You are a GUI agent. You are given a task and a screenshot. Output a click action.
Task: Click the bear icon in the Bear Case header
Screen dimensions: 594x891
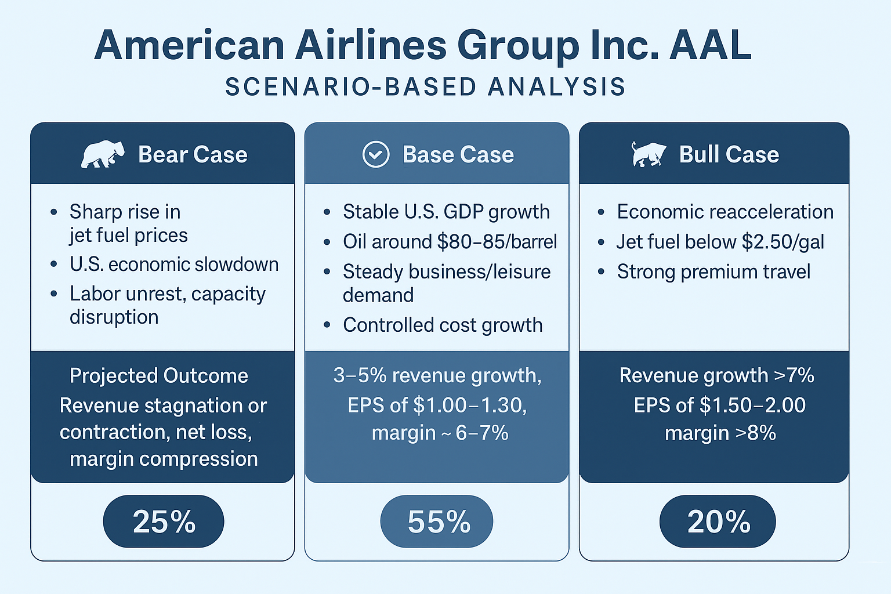pyautogui.click(x=103, y=154)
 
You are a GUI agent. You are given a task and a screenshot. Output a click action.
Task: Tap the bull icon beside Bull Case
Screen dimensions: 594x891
pyautogui.click(x=648, y=154)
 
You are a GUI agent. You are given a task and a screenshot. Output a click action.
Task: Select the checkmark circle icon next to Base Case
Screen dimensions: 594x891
pyautogui.click(x=376, y=155)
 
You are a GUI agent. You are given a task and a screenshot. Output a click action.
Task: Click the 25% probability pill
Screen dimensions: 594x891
pyautogui.click(x=164, y=521)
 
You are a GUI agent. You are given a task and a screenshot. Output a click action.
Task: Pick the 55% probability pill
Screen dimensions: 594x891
pyautogui.click(x=437, y=521)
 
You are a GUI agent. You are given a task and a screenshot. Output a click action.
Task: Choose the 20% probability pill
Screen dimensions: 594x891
pyautogui.click(x=718, y=521)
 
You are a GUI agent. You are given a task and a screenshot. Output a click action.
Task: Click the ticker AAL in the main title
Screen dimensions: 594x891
pyautogui.click(x=710, y=45)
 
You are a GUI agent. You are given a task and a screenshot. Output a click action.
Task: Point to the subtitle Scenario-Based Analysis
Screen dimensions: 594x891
pyautogui.click(x=425, y=87)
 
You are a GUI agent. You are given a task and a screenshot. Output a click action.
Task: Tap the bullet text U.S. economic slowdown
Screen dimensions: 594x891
pyautogui.click(x=174, y=265)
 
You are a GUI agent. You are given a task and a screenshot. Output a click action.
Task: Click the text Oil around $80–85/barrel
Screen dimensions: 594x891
pyautogui.click(x=450, y=241)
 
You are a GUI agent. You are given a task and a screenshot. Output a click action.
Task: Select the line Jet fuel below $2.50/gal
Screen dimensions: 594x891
pyautogui.click(x=720, y=241)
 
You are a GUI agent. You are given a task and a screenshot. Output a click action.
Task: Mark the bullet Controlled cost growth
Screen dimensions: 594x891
pyautogui.click(x=443, y=325)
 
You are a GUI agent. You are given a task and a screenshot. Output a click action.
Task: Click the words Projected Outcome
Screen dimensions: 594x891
pyautogui.click(x=158, y=376)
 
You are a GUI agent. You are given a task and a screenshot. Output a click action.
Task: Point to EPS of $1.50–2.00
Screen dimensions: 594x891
pyautogui.click(x=719, y=405)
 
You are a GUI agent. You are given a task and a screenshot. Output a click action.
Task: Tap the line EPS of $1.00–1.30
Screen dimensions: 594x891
pyautogui.click(x=437, y=405)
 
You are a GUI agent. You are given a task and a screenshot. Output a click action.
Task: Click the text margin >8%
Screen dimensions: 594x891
pyautogui.click(x=720, y=433)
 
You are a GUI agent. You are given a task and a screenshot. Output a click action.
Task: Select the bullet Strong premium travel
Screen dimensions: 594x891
pyautogui.click(x=713, y=271)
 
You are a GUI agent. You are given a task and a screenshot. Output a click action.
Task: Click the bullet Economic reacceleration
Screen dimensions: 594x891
pyautogui.click(x=725, y=212)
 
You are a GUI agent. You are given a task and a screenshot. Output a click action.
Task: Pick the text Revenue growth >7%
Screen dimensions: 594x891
pyautogui.click(x=716, y=375)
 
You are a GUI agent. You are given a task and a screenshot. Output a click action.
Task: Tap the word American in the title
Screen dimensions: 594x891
pyautogui.click(x=189, y=45)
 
